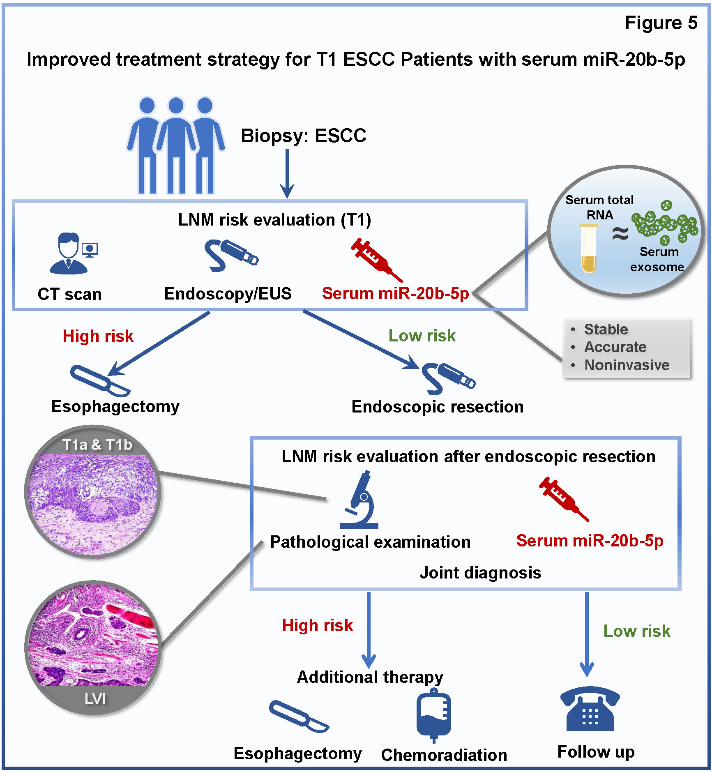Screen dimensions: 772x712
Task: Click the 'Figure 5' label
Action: click(661, 23)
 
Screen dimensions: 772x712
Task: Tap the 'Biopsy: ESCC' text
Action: click(303, 136)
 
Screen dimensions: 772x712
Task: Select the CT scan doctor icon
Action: click(70, 254)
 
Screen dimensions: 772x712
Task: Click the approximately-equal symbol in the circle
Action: click(620, 233)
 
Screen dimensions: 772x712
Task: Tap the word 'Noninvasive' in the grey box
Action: click(627, 365)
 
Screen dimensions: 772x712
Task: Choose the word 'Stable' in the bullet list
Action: click(606, 329)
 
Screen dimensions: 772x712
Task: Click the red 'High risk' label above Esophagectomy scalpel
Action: click(98, 336)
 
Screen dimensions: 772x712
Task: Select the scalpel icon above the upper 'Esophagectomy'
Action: click(100, 380)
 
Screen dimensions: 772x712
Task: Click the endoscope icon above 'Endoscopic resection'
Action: click(448, 377)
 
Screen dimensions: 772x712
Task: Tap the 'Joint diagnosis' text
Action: click(480, 573)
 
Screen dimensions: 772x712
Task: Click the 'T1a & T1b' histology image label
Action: click(97, 445)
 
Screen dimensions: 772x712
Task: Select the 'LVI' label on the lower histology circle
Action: click(95, 698)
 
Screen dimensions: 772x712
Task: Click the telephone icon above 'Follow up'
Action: click(590, 709)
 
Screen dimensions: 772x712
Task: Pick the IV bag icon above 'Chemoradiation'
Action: click(433, 715)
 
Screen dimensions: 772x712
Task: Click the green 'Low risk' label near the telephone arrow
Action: click(636, 631)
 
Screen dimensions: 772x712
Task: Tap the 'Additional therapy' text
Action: click(370, 677)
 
